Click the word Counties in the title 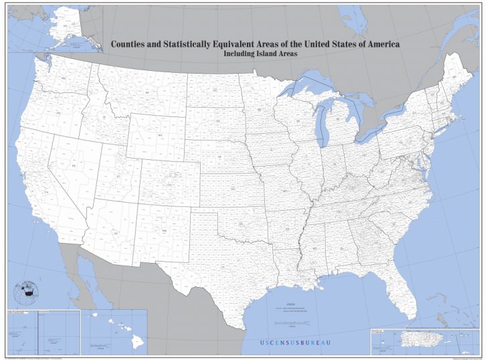click(x=130, y=44)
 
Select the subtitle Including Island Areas click(x=260, y=55)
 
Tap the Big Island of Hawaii click(x=137, y=343)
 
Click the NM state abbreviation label click(x=164, y=230)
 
